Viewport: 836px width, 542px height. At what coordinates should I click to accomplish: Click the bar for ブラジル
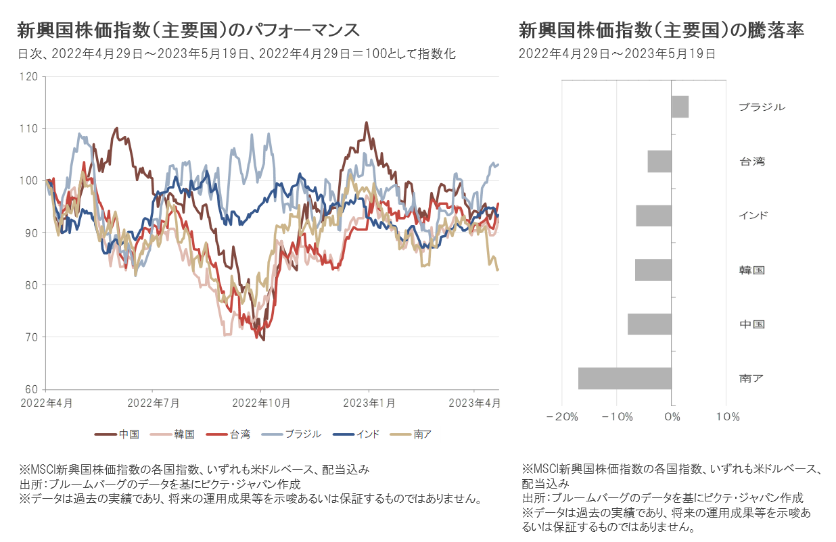[x=680, y=107]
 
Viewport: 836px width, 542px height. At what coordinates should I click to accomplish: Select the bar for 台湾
[x=659, y=162]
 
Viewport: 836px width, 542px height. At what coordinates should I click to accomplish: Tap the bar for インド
[x=653, y=216]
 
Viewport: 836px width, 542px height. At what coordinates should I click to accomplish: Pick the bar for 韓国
[x=653, y=270]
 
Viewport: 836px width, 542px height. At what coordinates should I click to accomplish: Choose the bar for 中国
[x=649, y=324]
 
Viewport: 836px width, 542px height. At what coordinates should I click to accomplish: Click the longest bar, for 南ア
[x=625, y=378]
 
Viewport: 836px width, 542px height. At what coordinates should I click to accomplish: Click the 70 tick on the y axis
[x=31, y=337]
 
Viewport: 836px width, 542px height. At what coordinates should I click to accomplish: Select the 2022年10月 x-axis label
[x=261, y=403]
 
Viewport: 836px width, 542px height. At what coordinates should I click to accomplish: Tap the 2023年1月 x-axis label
[x=369, y=403]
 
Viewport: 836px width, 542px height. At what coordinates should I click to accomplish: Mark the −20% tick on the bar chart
[x=561, y=417]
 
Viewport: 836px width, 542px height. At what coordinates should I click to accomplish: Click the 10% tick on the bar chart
[x=726, y=417]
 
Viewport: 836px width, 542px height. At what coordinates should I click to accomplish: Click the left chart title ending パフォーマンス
[x=187, y=30]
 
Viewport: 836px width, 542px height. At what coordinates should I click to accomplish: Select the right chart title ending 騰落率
[x=661, y=30]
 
